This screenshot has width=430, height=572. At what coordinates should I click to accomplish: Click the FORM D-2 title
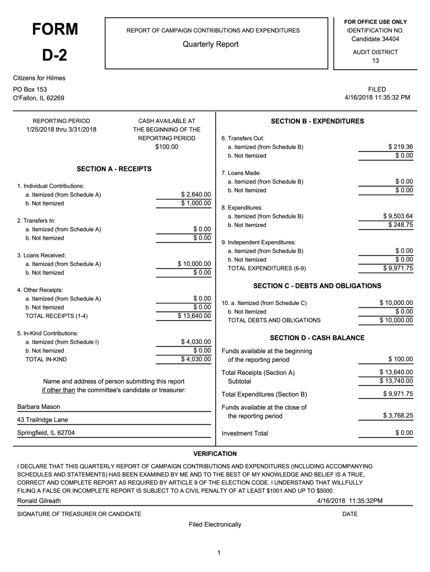pos(54,42)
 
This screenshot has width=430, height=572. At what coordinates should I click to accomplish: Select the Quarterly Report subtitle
pos(211,45)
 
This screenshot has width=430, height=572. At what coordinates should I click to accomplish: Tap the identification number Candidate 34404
pos(375,39)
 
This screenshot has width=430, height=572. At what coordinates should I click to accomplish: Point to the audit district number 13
pos(375,61)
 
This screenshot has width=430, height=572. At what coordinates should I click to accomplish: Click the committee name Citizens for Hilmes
pos(39,78)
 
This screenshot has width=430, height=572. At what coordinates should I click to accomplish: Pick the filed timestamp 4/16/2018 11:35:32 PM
pos(377,98)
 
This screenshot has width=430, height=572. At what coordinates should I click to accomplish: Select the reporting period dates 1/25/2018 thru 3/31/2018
pos(61,130)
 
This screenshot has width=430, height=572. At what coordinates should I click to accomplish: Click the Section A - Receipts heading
pos(114,169)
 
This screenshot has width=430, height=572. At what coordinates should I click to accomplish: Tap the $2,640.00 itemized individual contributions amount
pos(195,194)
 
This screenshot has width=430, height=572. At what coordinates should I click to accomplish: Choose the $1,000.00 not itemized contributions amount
pos(195,203)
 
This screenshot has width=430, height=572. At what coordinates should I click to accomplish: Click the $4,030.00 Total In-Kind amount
pos(195,359)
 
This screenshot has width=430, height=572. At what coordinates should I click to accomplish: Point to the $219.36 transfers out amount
pos(400,147)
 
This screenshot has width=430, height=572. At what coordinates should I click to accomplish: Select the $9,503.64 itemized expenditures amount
pos(398,216)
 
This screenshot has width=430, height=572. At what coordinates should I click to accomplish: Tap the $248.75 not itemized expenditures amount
pos(400,225)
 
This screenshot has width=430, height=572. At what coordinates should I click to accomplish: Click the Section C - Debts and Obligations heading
pos(317,286)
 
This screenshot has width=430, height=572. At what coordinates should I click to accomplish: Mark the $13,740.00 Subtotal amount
pos(396,381)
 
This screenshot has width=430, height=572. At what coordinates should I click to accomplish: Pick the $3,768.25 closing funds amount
pos(398,416)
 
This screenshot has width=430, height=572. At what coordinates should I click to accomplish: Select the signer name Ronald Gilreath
pos(39,500)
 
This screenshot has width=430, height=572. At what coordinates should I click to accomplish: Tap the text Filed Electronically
pos(215,525)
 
